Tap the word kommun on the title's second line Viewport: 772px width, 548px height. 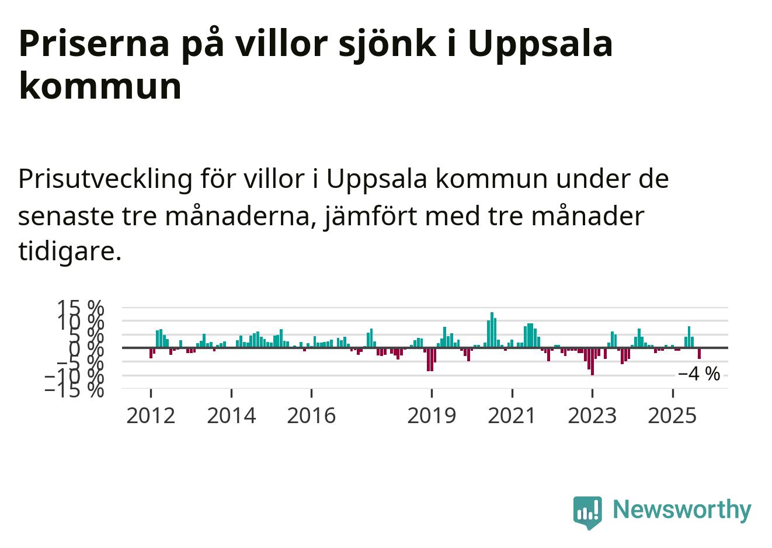click(x=100, y=86)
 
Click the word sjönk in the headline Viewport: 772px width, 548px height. click(x=383, y=43)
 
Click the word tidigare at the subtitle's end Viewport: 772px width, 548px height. click(x=69, y=252)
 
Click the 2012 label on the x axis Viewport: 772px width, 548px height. click(x=151, y=416)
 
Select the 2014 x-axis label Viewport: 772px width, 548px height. click(x=231, y=416)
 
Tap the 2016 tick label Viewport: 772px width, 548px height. click(x=311, y=416)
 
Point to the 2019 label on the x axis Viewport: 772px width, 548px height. click(x=432, y=416)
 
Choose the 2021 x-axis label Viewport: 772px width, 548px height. click(x=512, y=416)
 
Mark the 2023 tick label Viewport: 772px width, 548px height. click(x=592, y=416)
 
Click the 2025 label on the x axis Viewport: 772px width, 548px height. click(x=673, y=416)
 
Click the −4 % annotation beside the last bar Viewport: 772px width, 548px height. click(x=699, y=374)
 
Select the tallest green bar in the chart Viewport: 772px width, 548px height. click(x=492, y=330)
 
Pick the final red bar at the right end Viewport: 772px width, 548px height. click(x=699, y=353)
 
